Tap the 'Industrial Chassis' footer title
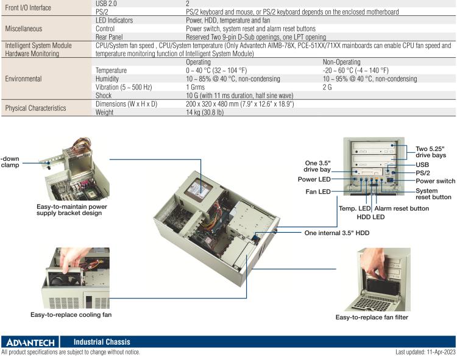tap(102, 342)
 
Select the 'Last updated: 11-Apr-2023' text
tap(425, 352)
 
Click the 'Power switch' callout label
tap(435, 181)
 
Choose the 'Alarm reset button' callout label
tap(402, 208)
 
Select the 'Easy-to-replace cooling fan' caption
tap(71, 315)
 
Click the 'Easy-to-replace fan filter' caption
tap(372, 317)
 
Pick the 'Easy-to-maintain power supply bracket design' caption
tap(72, 210)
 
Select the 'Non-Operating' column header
tap(341, 62)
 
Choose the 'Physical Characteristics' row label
tap(37, 108)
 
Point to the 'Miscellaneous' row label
tap(26, 29)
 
